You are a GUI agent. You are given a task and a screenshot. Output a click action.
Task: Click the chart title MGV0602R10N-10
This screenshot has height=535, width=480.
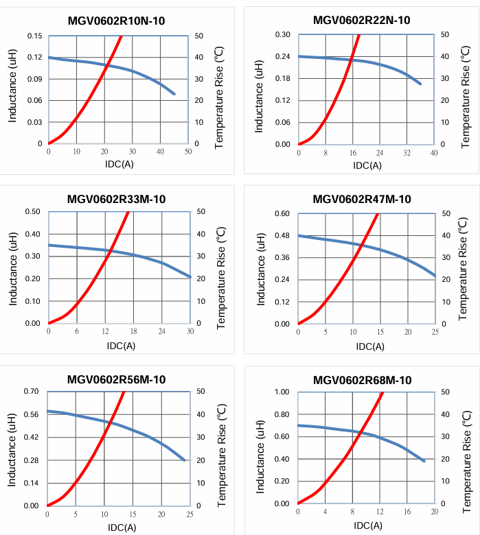[x=116, y=20]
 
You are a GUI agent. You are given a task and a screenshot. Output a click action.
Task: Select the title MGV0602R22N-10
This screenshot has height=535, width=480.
[x=362, y=20]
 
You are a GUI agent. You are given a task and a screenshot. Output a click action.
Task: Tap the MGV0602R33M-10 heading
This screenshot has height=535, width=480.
[x=116, y=200]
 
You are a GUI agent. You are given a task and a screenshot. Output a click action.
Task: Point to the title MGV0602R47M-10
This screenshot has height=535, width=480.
[x=362, y=200]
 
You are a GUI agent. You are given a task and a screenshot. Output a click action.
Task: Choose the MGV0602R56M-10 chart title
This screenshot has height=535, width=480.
[x=116, y=379]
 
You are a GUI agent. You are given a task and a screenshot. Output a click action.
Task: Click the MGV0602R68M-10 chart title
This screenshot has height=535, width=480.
[x=362, y=380]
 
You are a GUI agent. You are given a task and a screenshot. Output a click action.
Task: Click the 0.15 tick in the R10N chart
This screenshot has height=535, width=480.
[x=34, y=36]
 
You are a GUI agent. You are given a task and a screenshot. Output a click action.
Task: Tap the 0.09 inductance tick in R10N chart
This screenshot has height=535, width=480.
[x=34, y=79]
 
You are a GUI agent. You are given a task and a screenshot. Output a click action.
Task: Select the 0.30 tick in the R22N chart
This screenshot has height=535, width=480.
[x=282, y=34]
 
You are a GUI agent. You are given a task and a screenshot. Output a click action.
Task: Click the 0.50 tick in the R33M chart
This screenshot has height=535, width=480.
[x=32, y=211]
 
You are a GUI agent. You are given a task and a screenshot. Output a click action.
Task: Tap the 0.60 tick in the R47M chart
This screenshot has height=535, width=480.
[x=282, y=213]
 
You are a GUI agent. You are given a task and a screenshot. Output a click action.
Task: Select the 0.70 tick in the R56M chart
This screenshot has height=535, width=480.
[x=32, y=392]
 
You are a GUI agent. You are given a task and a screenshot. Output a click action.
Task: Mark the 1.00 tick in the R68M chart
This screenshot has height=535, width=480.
[x=282, y=392]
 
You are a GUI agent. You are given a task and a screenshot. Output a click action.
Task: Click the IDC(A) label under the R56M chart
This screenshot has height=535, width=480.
[x=121, y=527]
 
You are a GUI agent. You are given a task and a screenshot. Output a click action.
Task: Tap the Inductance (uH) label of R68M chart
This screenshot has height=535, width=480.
[x=260, y=448]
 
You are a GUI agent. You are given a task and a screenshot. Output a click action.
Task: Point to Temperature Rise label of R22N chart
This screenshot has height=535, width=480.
[x=466, y=89]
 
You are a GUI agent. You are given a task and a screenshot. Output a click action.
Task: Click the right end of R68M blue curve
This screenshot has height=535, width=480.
[x=424, y=461]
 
